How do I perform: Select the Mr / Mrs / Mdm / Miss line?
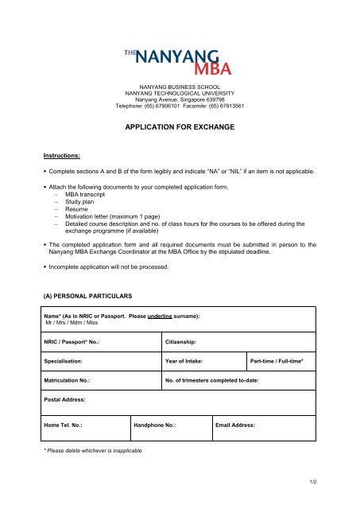click(x=74, y=323)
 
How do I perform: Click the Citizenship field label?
click(x=186, y=341)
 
